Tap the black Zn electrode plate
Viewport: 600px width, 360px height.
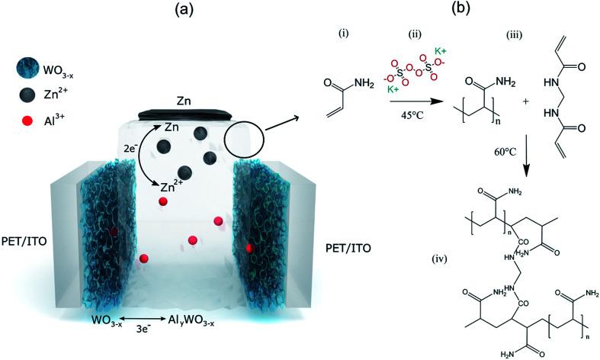pos(181,114)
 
